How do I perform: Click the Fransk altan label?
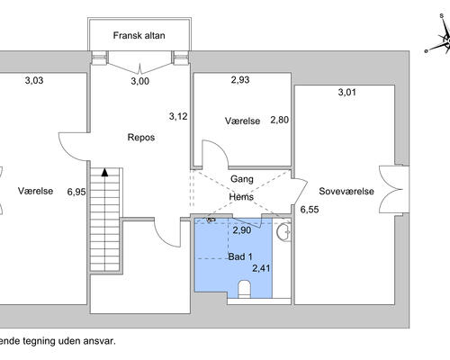pos(139,35)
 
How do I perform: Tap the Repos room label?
pos(141,138)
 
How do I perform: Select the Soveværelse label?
pos(346,191)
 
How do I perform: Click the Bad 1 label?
pos(240,256)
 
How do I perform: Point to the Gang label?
pos(242,179)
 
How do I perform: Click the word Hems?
pos(241,197)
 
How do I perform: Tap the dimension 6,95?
pos(76,192)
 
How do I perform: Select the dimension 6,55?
pos(310,210)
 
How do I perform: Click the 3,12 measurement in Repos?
pos(178,116)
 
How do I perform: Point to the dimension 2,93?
pos(240,80)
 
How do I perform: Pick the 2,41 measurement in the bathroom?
pos(261,268)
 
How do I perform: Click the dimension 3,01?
pos(347,92)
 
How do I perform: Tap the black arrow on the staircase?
pos(104,172)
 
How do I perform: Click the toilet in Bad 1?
pos(244,289)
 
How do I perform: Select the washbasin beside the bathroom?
pos(283,232)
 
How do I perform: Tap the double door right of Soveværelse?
pos(391,189)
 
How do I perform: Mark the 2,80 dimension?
pos(279,120)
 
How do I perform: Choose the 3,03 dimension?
pos(34,80)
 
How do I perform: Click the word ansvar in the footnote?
pos(100,341)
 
